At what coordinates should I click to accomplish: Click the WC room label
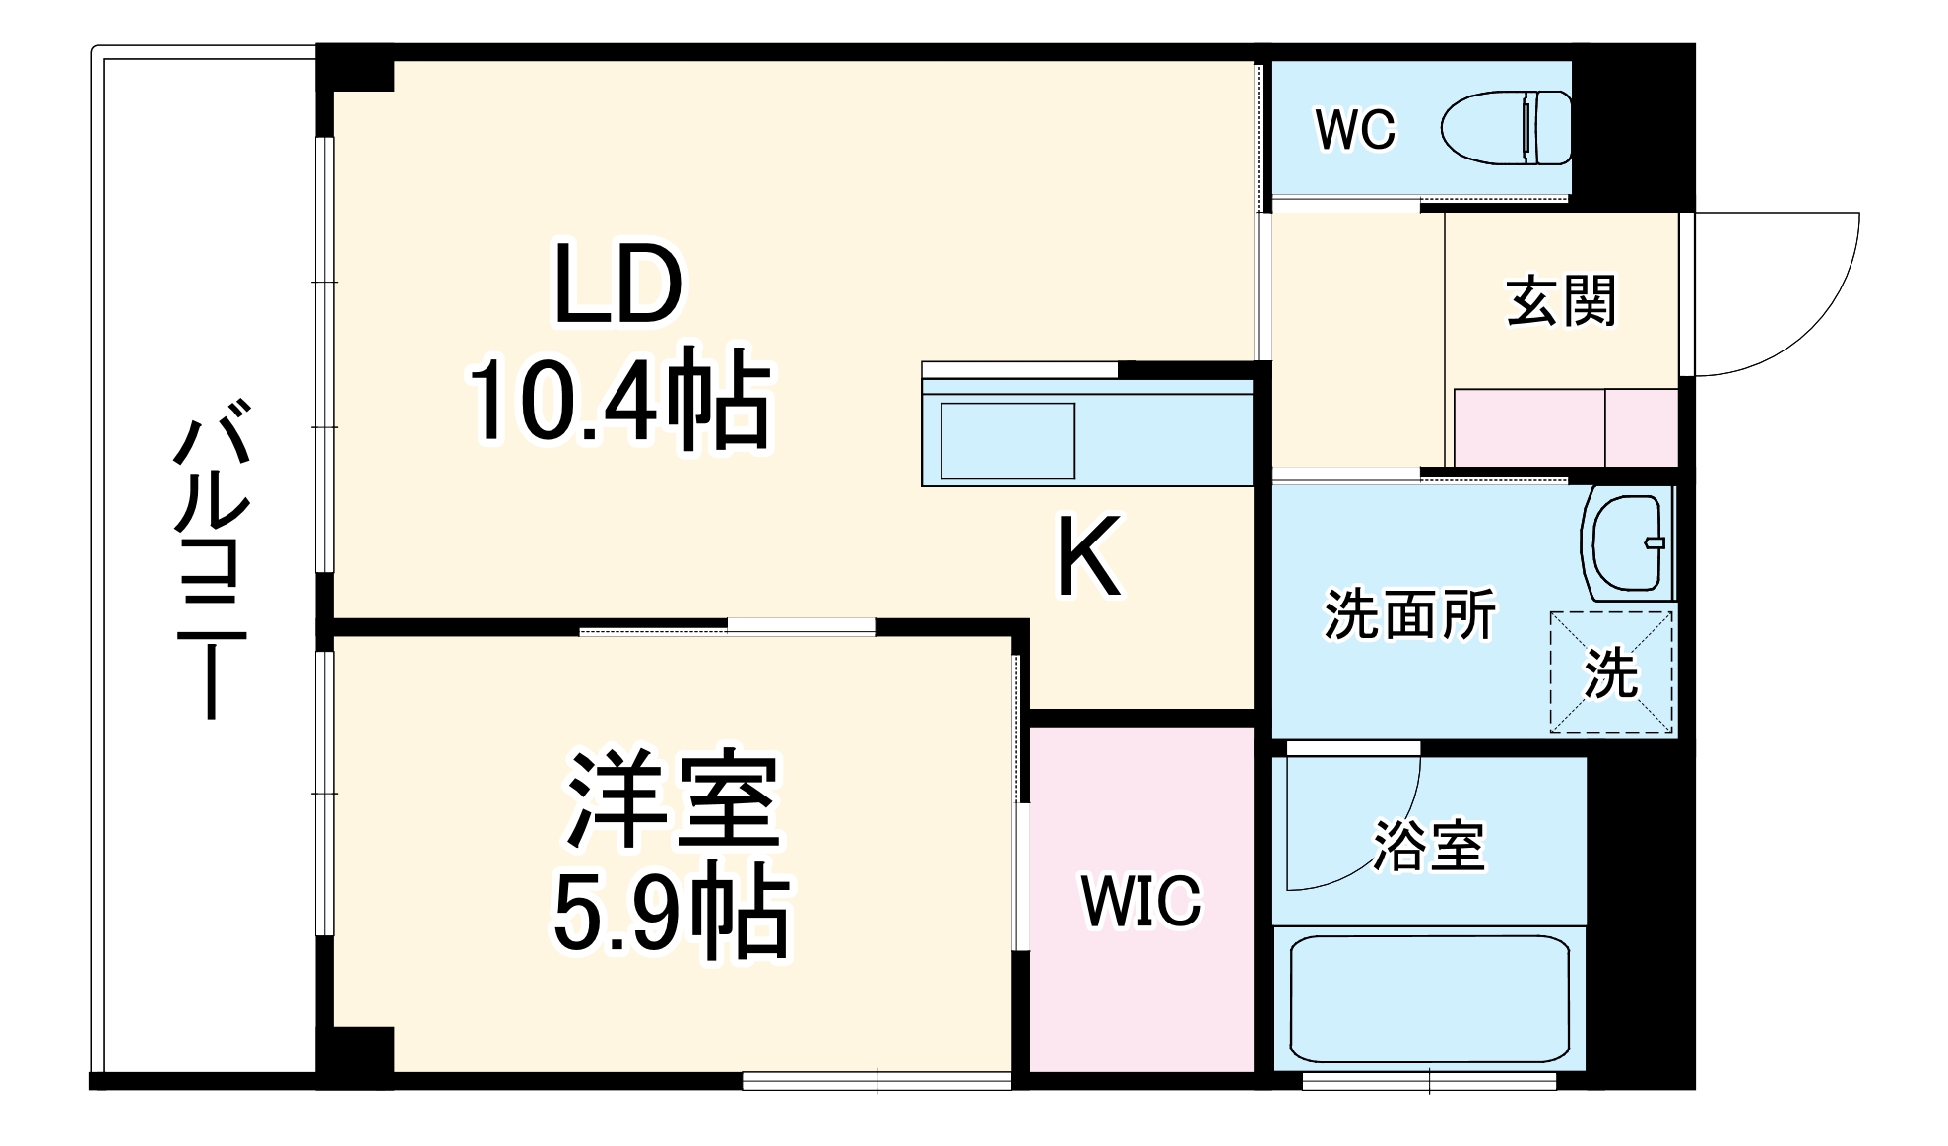pyautogui.click(x=1355, y=130)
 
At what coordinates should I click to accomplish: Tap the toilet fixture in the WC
pyautogui.click(x=1507, y=128)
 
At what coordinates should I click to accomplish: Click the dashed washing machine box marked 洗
pyautogui.click(x=1611, y=673)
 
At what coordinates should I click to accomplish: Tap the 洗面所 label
pyautogui.click(x=1409, y=615)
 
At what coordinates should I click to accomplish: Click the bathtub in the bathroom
pyautogui.click(x=1429, y=999)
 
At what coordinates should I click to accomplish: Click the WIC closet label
pyautogui.click(x=1141, y=900)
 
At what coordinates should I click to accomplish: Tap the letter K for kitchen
pyautogui.click(x=1089, y=557)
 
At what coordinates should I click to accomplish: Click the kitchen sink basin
pyautogui.click(x=1006, y=441)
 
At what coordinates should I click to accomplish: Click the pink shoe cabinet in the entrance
pyautogui.click(x=1565, y=427)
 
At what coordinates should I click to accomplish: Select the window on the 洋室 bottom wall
pyautogui.click(x=877, y=1081)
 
